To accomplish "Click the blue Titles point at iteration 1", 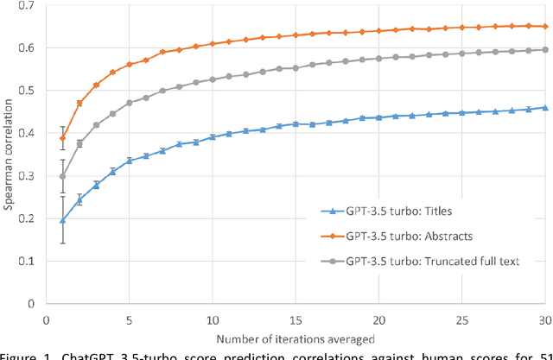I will click(x=63, y=220).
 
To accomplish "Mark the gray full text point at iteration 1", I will click(x=63, y=176).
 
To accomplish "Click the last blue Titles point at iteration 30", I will click(x=545, y=108).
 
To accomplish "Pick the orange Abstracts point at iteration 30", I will click(x=545, y=26).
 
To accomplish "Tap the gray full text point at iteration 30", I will click(x=545, y=49).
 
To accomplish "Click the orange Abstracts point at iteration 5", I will click(x=130, y=65).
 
